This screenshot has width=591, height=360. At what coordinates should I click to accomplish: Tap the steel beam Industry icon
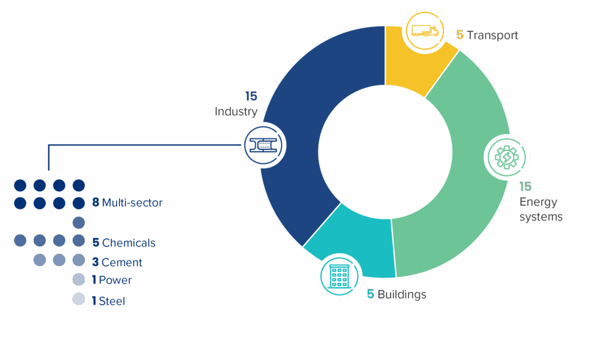(263, 145)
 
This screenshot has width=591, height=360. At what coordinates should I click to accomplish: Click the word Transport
(492, 35)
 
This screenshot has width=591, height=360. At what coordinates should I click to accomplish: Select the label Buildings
(402, 295)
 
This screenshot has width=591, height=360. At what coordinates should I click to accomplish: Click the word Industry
(235, 111)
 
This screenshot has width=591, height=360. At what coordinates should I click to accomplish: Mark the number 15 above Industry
(250, 96)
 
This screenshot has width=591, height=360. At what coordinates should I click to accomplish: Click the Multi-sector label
(132, 203)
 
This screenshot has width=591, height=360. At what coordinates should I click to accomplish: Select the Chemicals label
(129, 243)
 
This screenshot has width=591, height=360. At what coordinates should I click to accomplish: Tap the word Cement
(122, 262)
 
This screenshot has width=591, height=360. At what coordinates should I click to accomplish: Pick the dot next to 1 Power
(78, 280)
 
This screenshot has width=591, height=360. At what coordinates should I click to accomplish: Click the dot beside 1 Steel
(78, 299)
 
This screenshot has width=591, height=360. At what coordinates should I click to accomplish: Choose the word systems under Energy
(541, 217)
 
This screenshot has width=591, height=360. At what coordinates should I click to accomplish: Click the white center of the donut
(385, 152)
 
